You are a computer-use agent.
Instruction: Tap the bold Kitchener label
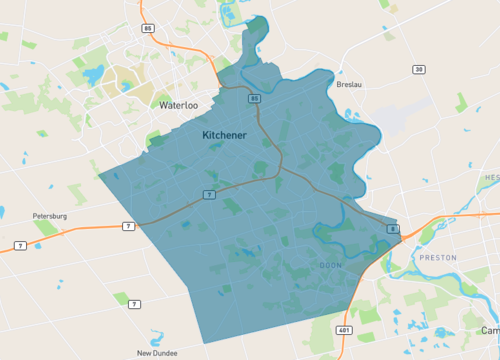[x=225, y=134]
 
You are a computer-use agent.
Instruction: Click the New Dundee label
[x=157, y=353]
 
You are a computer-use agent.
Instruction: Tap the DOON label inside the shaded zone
[x=331, y=265]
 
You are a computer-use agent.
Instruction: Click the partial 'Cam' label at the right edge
[x=489, y=330]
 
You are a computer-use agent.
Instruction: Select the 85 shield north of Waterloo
[x=148, y=28]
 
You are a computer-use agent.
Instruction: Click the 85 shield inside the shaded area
[x=255, y=98]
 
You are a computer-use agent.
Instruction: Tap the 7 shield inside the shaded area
[x=207, y=193]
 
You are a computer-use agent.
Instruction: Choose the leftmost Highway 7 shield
[x=20, y=245]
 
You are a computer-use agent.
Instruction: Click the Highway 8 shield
[x=393, y=230]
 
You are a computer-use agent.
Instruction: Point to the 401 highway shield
[x=345, y=329]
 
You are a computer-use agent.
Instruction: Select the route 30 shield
[x=419, y=69]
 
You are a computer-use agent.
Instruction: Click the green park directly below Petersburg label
[x=45, y=228]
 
